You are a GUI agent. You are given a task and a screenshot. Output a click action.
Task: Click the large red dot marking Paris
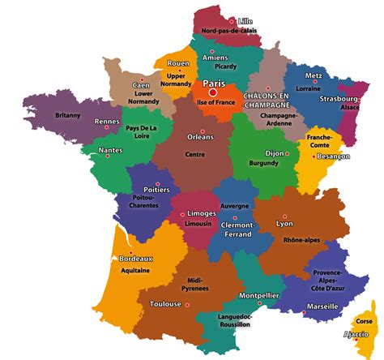click(213, 92)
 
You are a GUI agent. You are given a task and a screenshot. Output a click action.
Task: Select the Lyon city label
click(284, 222)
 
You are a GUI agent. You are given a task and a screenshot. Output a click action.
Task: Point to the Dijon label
click(276, 152)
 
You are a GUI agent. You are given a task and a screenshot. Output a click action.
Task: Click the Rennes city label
click(107, 122)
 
